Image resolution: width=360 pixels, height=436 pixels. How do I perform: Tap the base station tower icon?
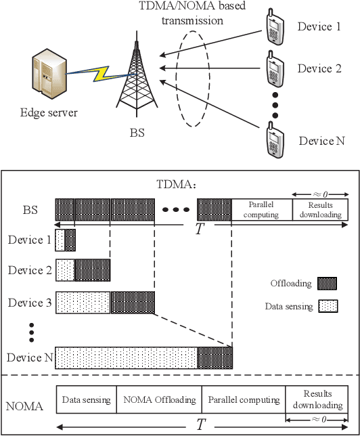coord(138,74)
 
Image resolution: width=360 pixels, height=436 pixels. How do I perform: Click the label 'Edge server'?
coord(47,112)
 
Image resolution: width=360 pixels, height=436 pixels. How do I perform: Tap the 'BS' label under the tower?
coord(137,133)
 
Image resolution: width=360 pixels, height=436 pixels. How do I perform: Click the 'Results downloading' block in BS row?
coord(321,210)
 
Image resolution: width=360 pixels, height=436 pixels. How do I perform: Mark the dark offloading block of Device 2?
coord(91,269)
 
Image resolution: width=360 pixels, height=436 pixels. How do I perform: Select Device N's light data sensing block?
coord(126,357)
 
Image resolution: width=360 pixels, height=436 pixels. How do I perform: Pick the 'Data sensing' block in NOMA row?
coord(86,399)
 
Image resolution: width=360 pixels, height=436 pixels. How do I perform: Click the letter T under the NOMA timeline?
coord(200,425)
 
